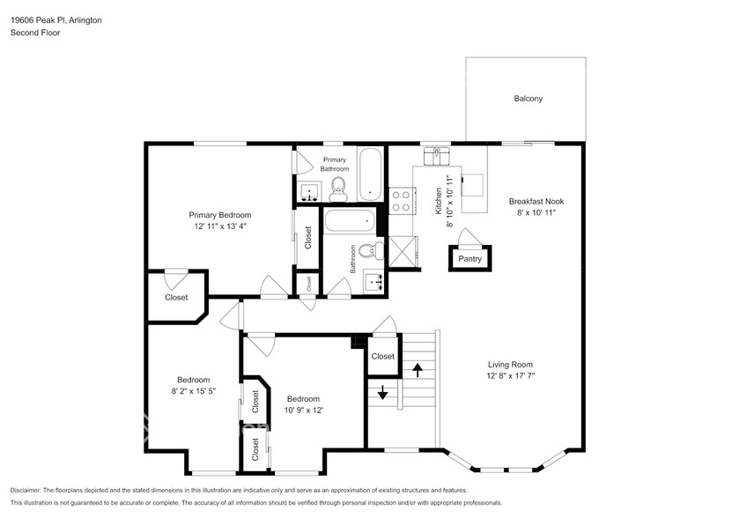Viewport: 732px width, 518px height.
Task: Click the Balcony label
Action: pyautogui.click(x=528, y=99)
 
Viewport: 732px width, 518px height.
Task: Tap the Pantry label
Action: pyautogui.click(x=470, y=259)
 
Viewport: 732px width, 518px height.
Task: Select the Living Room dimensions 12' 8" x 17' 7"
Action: pyautogui.click(x=510, y=375)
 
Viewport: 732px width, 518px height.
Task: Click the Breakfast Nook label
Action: pyautogui.click(x=536, y=202)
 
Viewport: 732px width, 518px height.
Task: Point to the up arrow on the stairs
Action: pyautogui.click(x=418, y=370)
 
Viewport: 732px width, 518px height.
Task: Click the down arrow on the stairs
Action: pyautogui.click(x=382, y=392)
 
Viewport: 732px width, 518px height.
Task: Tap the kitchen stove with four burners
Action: pyautogui.click(x=402, y=201)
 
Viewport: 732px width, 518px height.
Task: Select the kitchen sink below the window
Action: pyautogui.click(x=437, y=156)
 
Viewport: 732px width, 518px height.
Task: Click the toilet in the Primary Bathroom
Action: pyautogui.click(x=337, y=191)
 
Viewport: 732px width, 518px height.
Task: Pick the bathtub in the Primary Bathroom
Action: pyautogui.click(x=370, y=174)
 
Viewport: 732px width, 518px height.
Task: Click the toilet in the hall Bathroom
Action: pyautogui.click(x=372, y=251)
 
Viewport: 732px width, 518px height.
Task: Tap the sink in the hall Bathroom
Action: pyautogui.click(x=375, y=282)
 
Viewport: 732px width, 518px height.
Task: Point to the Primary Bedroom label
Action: pyautogui.click(x=220, y=215)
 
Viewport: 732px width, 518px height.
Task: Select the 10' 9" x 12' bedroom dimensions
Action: pyautogui.click(x=303, y=411)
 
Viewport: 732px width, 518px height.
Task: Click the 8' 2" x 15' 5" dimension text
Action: pyautogui.click(x=193, y=391)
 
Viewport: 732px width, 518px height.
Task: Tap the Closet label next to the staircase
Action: pyautogui.click(x=383, y=357)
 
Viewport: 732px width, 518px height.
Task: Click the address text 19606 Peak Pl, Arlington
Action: pyautogui.click(x=56, y=20)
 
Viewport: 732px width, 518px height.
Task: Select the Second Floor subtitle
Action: pyautogui.click(x=35, y=33)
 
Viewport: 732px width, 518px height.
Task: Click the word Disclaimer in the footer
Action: pyautogui.click(x=26, y=491)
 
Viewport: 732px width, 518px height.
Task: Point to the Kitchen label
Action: pyautogui.click(x=439, y=201)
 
